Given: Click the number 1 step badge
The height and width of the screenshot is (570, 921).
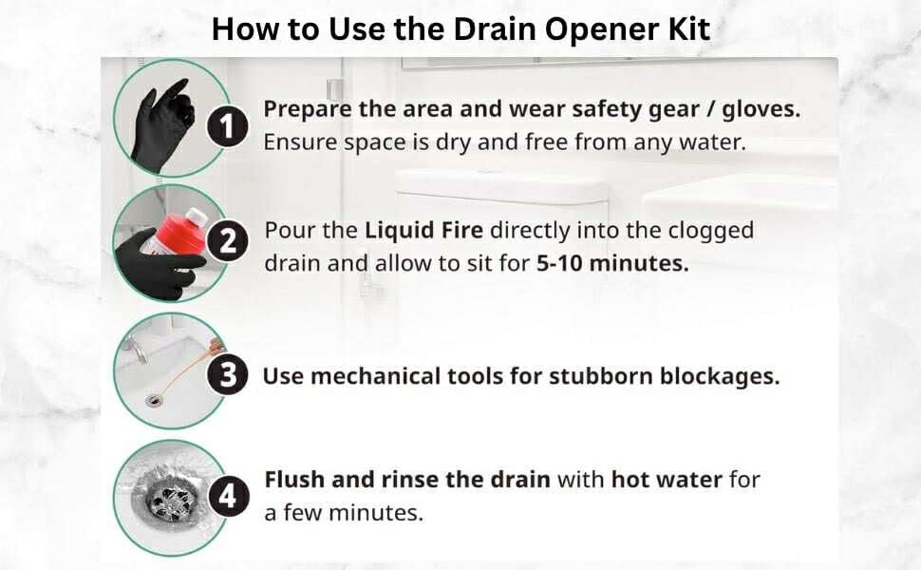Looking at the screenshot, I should pyautogui.click(x=228, y=125).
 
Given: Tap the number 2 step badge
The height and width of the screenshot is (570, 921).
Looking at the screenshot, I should pyautogui.click(x=228, y=242).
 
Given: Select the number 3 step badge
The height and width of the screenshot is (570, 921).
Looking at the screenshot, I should pyautogui.click(x=228, y=375).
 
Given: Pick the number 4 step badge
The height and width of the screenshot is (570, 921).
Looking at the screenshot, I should pyautogui.click(x=228, y=495).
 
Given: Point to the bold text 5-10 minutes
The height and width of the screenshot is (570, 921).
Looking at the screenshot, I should pyautogui.click(x=611, y=263).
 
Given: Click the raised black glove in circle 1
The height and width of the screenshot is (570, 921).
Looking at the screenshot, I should pyautogui.click(x=163, y=123).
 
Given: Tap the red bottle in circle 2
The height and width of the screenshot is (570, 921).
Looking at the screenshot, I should pyautogui.click(x=171, y=233).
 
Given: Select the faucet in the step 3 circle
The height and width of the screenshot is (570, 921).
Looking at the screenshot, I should pyautogui.click(x=136, y=350).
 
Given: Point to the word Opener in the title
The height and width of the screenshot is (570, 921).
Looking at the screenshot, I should pyautogui.click(x=592, y=29).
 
